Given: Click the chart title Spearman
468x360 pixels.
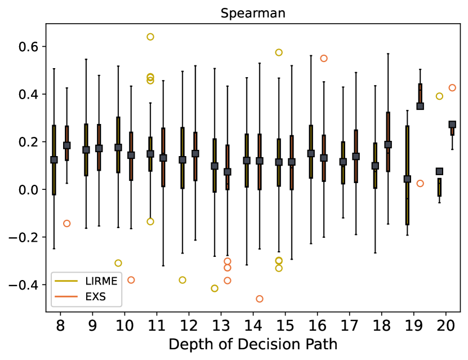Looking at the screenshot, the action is (253, 14).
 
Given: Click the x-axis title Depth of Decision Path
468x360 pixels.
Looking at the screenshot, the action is (253, 344).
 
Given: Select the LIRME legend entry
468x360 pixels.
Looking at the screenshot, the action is (86, 281).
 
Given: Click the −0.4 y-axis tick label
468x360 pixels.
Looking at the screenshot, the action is (24, 285).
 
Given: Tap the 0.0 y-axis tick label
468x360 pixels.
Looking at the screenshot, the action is (28, 190).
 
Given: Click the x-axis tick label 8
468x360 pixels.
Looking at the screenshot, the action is (60, 326).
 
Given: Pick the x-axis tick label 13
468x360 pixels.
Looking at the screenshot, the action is (221, 326).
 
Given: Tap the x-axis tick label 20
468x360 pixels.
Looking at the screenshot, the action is (445, 326).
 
